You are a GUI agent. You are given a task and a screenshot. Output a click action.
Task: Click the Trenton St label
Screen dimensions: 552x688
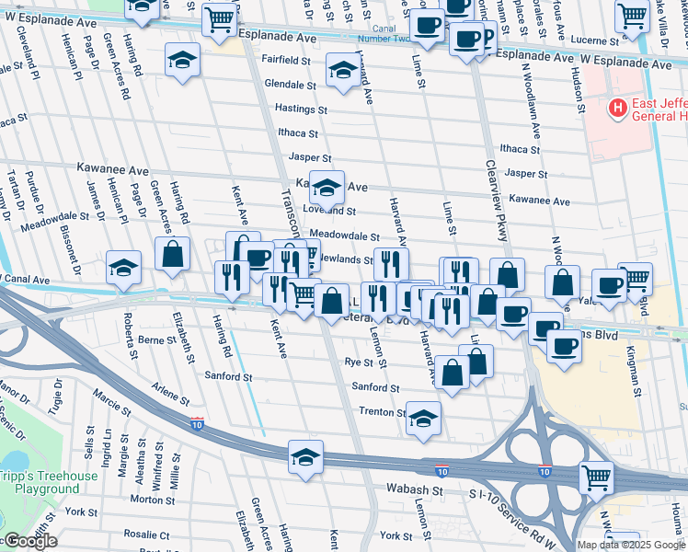tap(382, 411)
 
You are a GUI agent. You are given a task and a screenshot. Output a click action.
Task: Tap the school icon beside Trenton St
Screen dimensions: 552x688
tap(423, 419)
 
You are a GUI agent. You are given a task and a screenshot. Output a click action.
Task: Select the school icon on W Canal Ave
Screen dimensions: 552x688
tap(124, 268)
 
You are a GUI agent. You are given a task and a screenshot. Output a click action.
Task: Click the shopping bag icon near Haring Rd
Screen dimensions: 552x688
tap(172, 253)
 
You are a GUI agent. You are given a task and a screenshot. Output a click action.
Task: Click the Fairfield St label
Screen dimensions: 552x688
tap(286, 60)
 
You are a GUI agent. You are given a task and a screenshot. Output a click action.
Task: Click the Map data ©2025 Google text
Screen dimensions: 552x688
tap(631, 545)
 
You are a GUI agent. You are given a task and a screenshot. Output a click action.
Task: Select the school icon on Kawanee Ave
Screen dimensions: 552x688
tap(326, 188)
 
